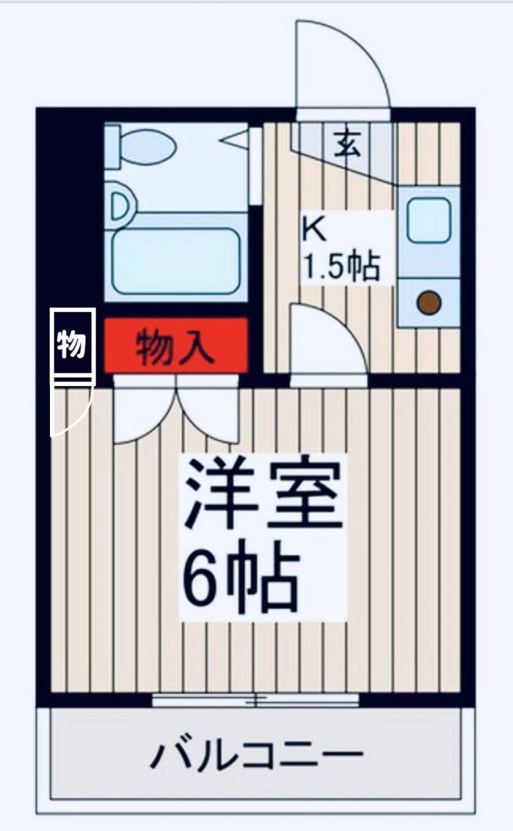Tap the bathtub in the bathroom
(x=176, y=261)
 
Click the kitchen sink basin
(x=428, y=220)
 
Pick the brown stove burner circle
(x=428, y=302)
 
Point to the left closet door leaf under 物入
(x=142, y=411)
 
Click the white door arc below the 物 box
(x=69, y=411)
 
